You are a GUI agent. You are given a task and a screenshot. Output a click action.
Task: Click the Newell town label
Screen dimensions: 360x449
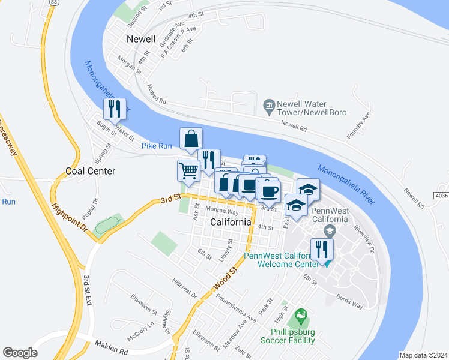tap(142, 39)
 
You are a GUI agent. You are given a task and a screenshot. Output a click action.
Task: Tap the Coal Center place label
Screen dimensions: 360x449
tap(90, 171)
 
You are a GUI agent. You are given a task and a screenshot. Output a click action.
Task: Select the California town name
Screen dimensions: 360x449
tap(231, 222)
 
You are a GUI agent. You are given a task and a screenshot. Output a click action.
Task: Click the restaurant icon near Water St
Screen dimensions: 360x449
tap(114, 109)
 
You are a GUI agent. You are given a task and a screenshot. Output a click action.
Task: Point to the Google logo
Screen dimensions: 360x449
tap(20, 353)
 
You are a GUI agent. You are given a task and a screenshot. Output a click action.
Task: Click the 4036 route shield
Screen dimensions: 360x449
tap(440, 196)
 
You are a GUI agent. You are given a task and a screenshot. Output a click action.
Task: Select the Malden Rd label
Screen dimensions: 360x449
tap(112, 346)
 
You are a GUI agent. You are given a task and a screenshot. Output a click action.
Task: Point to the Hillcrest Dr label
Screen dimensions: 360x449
tap(184, 287)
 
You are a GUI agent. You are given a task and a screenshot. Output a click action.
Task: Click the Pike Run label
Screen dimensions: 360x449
tap(157, 146)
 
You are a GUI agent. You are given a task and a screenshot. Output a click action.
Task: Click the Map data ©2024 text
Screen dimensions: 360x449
tap(423, 355)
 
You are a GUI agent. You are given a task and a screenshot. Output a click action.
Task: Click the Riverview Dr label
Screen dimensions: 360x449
tap(364, 231)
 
